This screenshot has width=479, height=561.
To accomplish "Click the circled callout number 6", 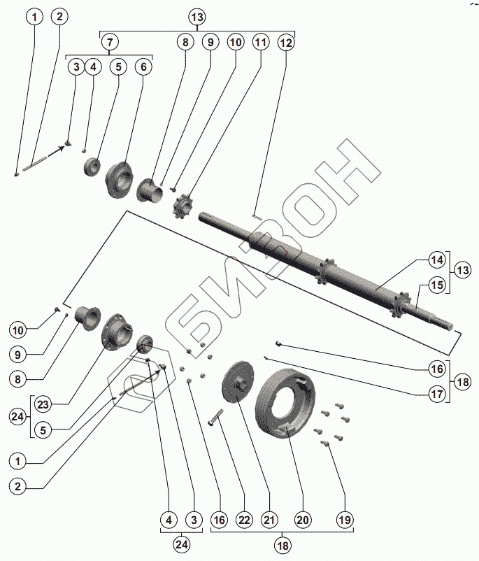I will pyautogui.click(x=144, y=67).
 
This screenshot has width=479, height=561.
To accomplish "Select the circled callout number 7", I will pyautogui.click(x=109, y=42).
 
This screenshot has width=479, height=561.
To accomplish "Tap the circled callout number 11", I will pyautogui.click(x=261, y=42).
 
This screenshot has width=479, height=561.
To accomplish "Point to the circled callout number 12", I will pyautogui.click(x=286, y=42).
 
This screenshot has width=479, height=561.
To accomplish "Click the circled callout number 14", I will pyautogui.click(x=437, y=260).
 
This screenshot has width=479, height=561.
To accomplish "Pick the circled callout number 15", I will pyautogui.click(x=437, y=285).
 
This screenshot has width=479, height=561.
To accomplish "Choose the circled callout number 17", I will pyautogui.click(x=437, y=394).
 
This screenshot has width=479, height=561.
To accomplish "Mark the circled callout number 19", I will pyautogui.click(x=345, y=520).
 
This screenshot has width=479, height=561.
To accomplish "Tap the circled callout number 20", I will pyautogui.click(x=302, y=520).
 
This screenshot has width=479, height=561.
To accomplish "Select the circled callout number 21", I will pyautogui.click(x=269, y=520).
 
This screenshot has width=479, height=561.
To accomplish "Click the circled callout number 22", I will pyautogui.click(x=243, y=520).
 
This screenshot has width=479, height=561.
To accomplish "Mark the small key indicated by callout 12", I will pyautogui.click(x=257, y=217).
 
